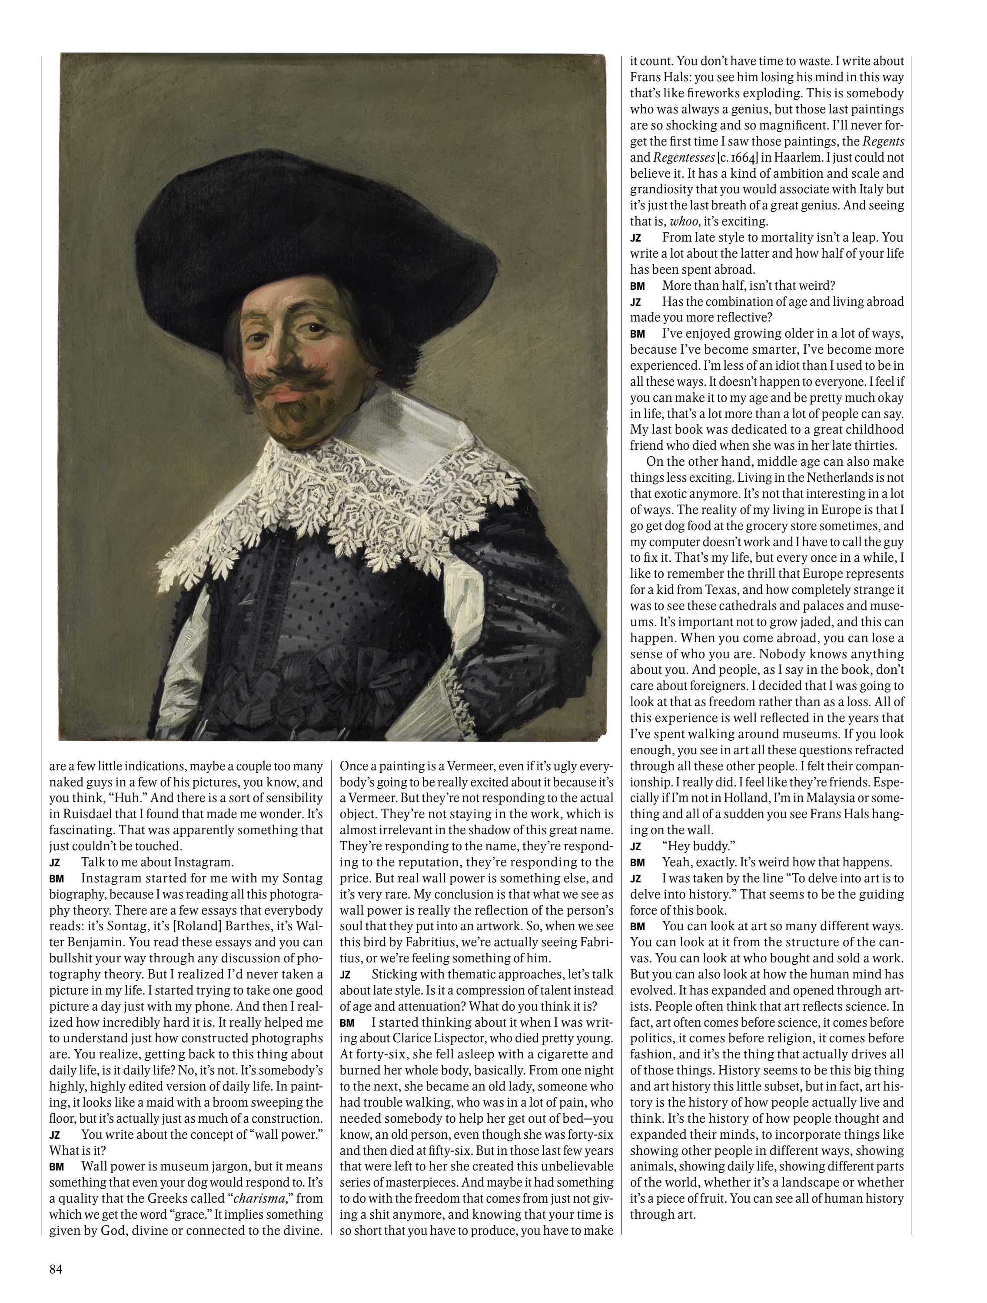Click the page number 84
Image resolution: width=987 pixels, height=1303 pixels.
click(x=56, y=1265)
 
